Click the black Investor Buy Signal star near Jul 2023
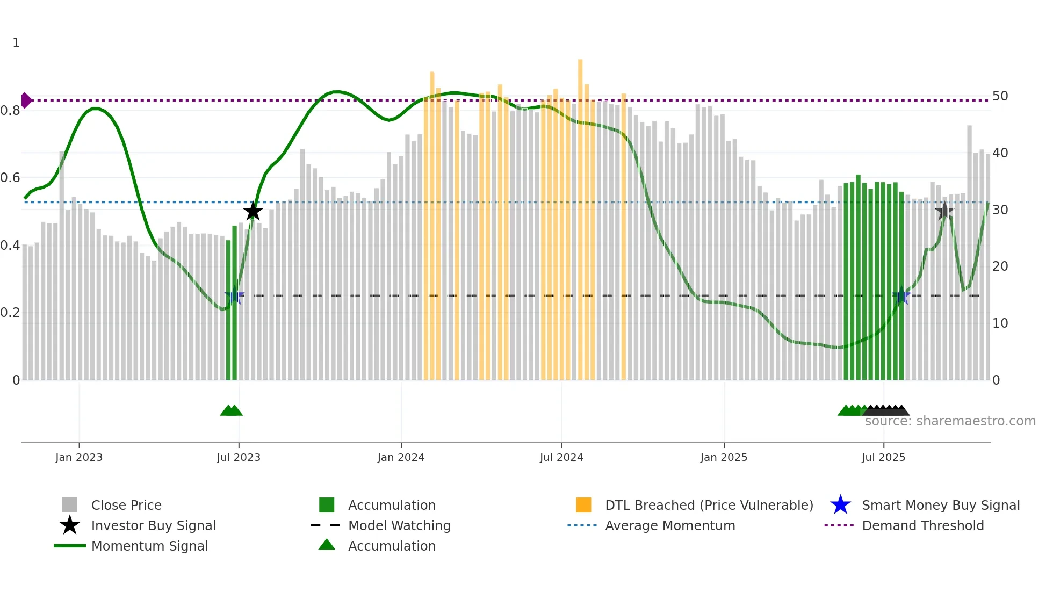253,211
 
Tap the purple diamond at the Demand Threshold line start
26,100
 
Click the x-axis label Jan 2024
401,457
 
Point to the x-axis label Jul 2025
883,457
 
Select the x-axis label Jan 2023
79,457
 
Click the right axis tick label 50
1000,96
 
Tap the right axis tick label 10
1000,323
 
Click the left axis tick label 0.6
10,178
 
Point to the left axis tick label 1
16,43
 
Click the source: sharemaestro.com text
950,421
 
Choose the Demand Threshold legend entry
922,525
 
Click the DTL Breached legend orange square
583,505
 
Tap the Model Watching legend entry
399,525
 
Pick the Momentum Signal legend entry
149,546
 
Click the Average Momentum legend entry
669,525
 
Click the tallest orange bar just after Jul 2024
580,215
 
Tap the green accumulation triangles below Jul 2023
232,410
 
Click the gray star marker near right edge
944,211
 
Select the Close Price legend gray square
70,505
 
